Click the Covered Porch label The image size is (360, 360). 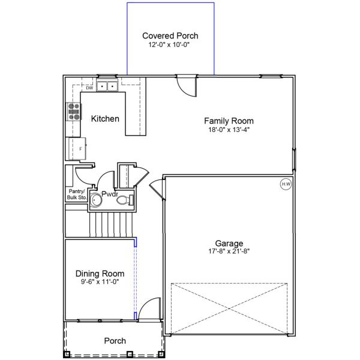point(170,36)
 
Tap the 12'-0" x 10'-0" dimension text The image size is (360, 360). point(170,45)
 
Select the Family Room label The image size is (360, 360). point(229,120)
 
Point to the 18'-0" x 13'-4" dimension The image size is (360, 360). point(229,129)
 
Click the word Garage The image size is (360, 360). point(229,243)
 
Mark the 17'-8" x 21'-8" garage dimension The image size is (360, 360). point(229,252)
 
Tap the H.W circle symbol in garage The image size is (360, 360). point(286,184)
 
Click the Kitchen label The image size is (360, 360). point(105,119)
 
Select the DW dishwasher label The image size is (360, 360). point(89,88)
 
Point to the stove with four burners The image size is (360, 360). point(74,111)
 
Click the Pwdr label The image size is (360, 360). point(109,194)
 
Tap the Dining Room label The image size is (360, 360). point(100,273)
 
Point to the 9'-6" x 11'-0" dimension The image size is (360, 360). point(100,281)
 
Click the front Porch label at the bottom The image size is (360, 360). point(115,341)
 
